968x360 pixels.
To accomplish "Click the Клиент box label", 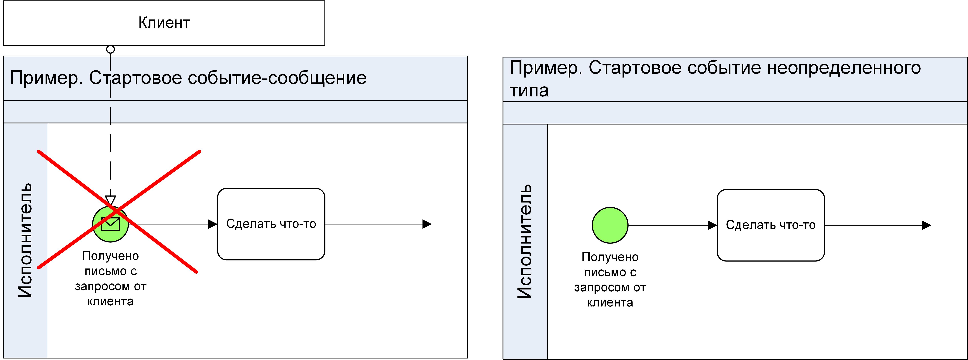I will [164, 23].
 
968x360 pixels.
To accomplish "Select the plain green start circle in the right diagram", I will [610, 225].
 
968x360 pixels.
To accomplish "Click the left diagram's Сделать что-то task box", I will [271, 224].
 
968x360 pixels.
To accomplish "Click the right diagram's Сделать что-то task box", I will [770, 225].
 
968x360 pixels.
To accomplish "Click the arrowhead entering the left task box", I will [213, 224].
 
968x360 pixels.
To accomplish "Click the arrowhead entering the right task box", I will [712, 225].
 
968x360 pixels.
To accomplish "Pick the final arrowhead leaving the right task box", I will [927, 225].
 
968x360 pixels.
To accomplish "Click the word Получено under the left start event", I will [111, 256].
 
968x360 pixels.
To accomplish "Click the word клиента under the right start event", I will [610, 303].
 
